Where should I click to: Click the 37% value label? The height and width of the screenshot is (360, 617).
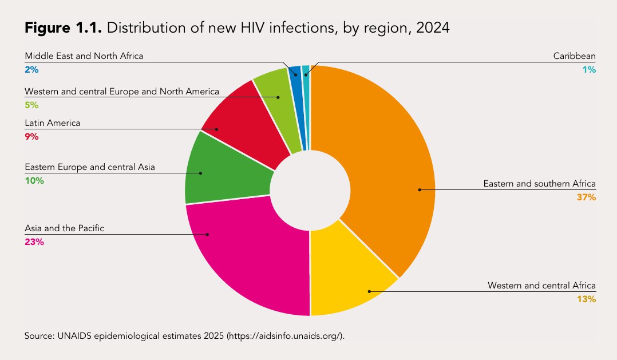coord(587,197)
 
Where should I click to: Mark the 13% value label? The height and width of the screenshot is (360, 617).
coord(587,299)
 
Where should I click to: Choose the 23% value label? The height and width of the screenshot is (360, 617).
coord(34,242)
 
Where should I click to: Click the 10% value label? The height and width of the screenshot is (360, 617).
coord(34,181)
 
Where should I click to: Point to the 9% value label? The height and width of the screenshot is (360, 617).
coord(31,137)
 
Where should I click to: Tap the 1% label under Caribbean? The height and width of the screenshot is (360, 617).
coord(590,70)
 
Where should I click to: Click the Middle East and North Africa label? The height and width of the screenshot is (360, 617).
coord(84,56)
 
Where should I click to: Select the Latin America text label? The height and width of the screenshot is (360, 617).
coord(52,123)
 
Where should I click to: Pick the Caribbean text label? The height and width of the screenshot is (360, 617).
coord(574,56)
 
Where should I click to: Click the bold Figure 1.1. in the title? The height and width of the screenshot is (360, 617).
coord(63,28)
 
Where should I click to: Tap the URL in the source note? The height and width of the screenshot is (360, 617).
coord(286,335)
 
